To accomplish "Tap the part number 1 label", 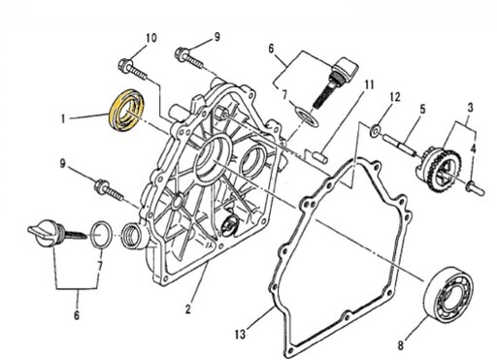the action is pos(63,119).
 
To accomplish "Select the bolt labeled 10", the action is pos(133,69).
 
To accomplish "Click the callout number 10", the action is pos(150,38).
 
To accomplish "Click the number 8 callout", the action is pos(401,345).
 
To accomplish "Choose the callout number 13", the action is pos(240,334).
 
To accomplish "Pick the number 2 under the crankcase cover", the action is pos(188,310).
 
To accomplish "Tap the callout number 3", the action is pos(471,108).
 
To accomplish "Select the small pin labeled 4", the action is pos(476,188).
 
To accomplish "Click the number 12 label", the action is pos(394,97).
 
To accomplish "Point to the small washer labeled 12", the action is pos(375,131).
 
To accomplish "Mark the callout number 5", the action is pos(422,110).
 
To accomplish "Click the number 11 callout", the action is pos(369,84).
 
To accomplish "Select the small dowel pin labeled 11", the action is pos(320,156).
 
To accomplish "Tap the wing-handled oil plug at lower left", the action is pos(54,234).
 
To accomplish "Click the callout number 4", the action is pos(473,148).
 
